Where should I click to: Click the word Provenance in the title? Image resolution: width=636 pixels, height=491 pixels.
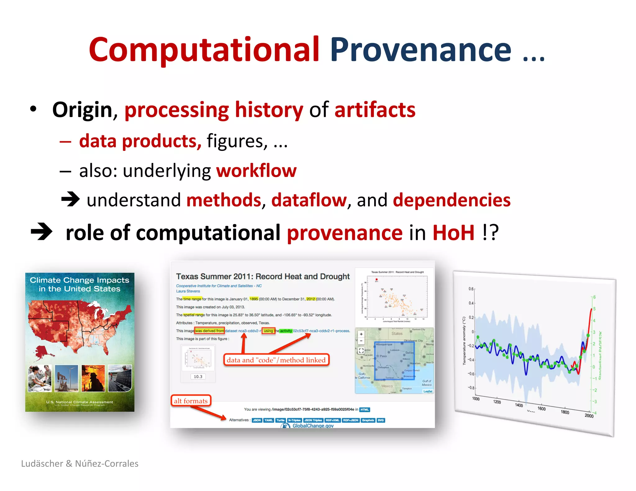420,50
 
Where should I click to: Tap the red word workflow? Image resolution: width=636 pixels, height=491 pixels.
256,171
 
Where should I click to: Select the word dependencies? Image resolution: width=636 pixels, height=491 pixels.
452,200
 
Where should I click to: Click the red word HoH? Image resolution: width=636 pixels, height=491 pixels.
453,233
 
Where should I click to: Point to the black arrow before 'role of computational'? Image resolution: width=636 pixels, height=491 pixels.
42,232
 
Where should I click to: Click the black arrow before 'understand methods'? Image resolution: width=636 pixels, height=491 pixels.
70,199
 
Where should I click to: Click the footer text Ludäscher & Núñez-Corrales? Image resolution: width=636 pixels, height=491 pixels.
80,463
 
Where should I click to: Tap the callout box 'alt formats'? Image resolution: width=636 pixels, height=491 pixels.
191,401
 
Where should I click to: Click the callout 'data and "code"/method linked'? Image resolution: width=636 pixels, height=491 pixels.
276,360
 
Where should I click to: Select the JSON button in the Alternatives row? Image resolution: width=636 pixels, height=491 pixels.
257,420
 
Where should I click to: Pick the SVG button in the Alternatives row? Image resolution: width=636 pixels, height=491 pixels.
381,420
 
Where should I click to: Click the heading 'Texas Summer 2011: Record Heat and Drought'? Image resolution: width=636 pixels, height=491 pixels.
263,277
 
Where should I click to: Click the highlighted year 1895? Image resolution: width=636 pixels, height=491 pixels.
254,299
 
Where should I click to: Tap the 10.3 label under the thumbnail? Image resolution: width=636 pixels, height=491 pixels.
198,376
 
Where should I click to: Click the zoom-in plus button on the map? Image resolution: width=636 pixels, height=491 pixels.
361,334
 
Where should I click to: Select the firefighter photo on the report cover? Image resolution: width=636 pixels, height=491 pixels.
93,378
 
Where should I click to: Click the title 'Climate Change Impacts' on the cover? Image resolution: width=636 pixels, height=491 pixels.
79,280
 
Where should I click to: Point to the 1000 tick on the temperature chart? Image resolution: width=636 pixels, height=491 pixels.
476,399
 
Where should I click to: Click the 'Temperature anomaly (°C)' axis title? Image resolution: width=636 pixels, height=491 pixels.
464,340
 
